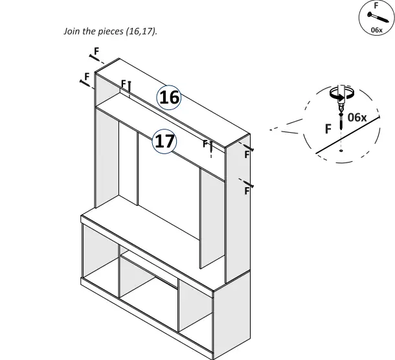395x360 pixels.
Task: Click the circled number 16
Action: [x=169, y=97]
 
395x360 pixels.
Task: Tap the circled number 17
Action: [x=164, y=141]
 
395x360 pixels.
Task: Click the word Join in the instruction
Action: [x=71, y=31]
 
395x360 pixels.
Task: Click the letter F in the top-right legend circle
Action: [x=376, y=5]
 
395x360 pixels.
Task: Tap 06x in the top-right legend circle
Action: [x=376, y=30]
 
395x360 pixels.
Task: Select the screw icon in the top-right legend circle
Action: [x=374, y=17]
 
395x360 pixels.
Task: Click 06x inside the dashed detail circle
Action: [x=357, y=117]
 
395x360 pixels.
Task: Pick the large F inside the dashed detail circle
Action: [x=329, y=129]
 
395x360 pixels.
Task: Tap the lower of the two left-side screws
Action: [x=84, y=82]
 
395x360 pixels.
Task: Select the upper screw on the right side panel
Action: [x=247, y=148]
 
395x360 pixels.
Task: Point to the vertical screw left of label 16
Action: [x=130, y=87]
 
